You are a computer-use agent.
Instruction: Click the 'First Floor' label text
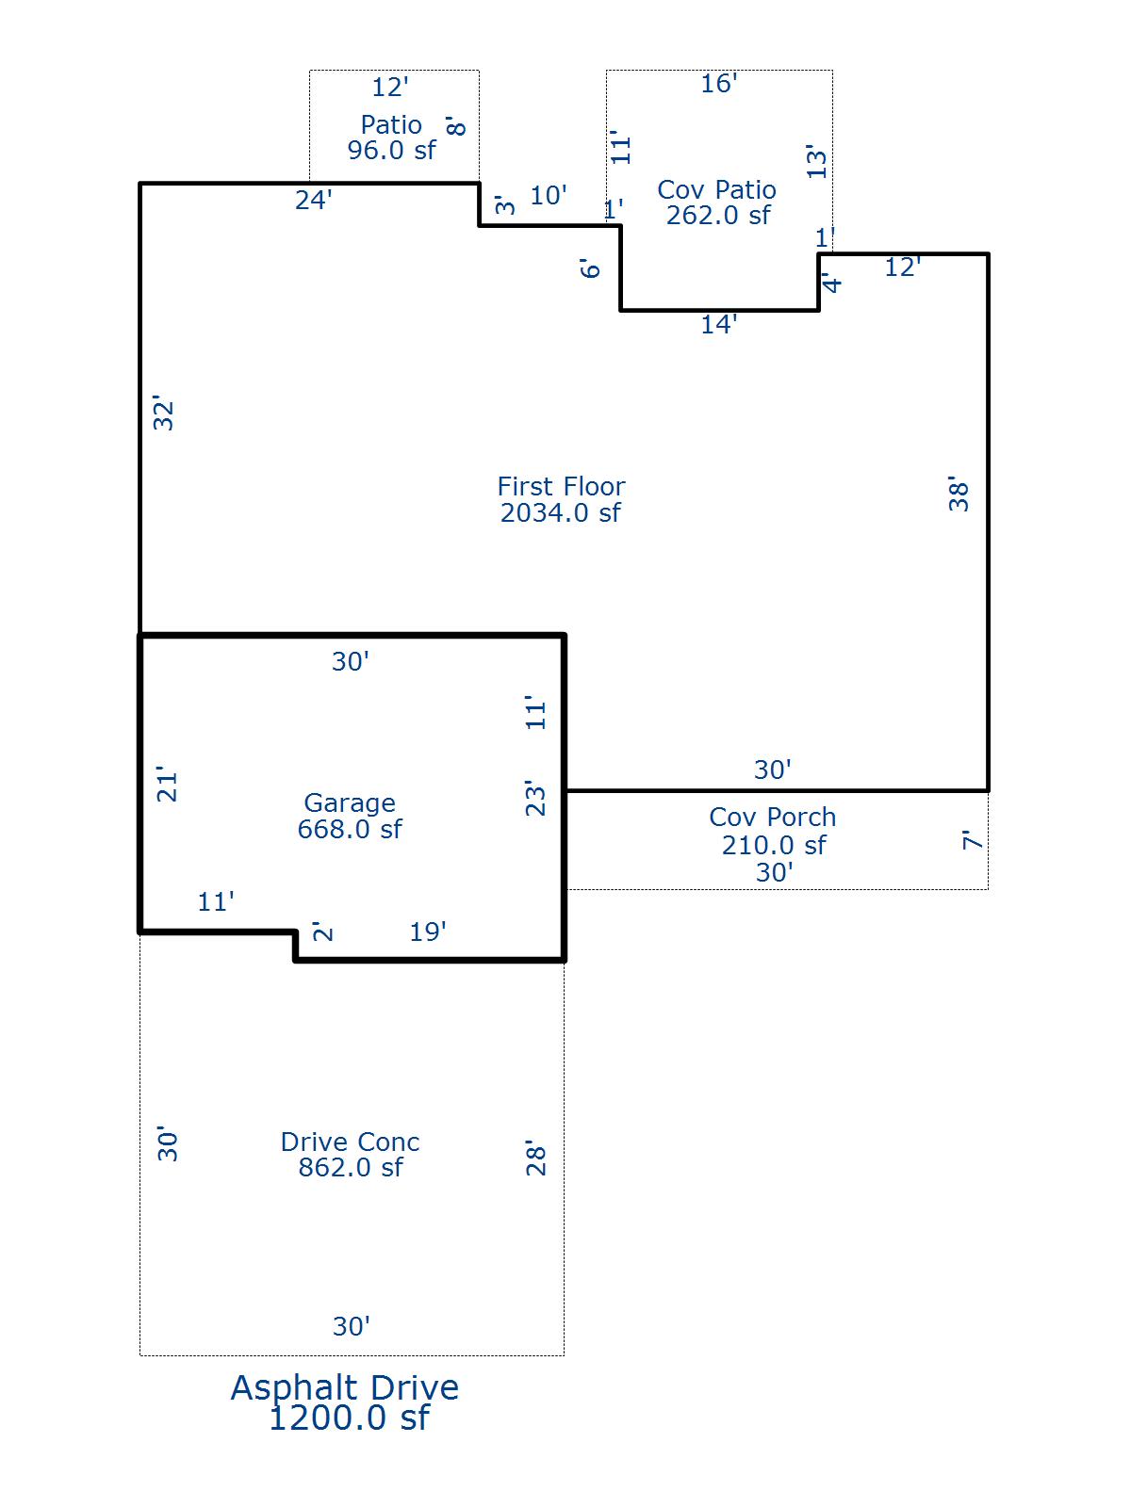[x=561, y=486]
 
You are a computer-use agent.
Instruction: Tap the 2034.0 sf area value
[x=561, y=513]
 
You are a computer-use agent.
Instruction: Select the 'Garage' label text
[x=350, y=802]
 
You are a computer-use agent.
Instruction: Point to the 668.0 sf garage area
[x=350, y=829]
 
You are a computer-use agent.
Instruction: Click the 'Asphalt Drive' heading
[x=345, y=1387]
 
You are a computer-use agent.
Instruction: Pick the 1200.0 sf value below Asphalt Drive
[x=349, y=1418]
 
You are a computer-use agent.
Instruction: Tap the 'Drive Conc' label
[x=350, y=1142]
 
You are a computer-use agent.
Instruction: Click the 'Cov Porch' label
[x=773, y=817]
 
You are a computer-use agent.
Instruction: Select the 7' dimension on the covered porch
[x=972, y=840]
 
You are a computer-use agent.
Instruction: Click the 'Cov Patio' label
[x=716, y=189]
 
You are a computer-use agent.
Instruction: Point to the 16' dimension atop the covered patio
[x=718, y=84]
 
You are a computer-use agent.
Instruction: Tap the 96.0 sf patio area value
[x=391, y=150]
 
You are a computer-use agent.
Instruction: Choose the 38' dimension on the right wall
[x=958, y=494]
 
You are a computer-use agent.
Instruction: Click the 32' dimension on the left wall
[x=163, y=414]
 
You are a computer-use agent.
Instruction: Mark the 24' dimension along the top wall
[x=314, y=200]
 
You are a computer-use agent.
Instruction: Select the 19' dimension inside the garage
[x=427, y=932]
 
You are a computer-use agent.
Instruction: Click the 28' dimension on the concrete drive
[x=535, y=1159]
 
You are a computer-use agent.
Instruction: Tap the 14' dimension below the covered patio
[x=718, y=325]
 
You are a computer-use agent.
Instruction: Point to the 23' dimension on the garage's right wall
[x=534, y=798]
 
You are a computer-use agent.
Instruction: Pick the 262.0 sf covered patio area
[x=718, y=216]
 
